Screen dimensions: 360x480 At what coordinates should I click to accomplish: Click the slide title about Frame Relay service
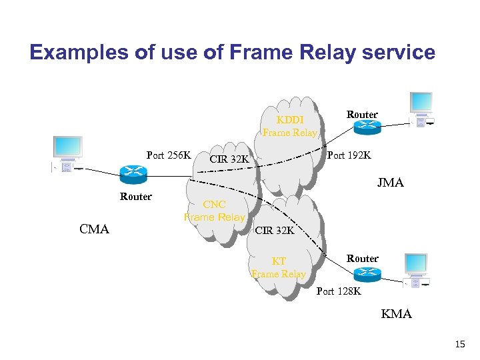[x=232, y=52]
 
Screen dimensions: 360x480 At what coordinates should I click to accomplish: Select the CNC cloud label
[x=215, y=211]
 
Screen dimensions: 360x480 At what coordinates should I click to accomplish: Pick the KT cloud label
[x=279, y=267]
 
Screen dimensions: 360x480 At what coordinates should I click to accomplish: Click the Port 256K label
[x=169, y=155]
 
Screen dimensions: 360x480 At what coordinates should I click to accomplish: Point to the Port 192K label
[x=349, y=155]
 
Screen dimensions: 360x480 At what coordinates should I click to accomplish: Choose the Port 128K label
[x=339, y=291]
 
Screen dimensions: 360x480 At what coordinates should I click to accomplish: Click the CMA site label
[x=94, y=229]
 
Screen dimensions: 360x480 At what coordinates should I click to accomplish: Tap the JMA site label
[x=390, y=183]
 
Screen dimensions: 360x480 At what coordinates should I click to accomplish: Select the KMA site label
[x=396, y=313]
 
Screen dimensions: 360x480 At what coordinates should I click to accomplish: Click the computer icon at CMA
[x=67, y=155]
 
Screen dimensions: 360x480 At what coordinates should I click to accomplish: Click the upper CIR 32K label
[x=229, y=159]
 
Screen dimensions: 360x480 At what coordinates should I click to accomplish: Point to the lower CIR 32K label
[x=274, y=231]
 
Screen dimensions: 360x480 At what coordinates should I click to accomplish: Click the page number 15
[x=459, y=345]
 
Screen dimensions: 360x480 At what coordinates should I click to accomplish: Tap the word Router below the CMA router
[x=135, y=197]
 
